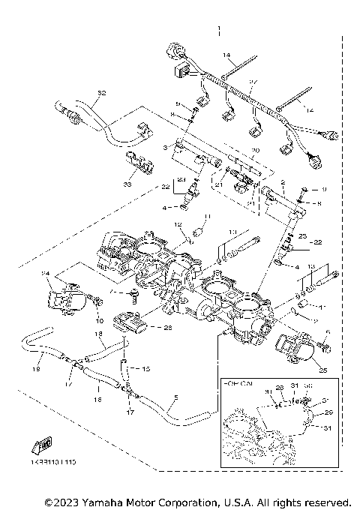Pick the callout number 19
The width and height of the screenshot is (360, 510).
point(34,369)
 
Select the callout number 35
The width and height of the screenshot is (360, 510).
point(323,369)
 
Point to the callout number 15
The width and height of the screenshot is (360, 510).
point(145,370)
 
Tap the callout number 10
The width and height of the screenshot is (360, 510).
point(100,321)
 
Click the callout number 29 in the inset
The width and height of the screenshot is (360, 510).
point(327,412)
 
